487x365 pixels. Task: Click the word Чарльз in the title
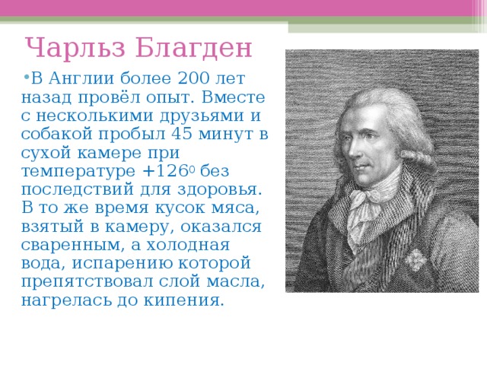[x=75, y=48]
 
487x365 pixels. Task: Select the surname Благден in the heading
[x=193, y=48]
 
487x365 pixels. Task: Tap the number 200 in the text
[x=194, y=78]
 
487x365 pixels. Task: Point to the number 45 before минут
[x=182, y=134]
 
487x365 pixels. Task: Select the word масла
[x=235, y=282]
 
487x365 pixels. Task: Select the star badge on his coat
[x=415, y=259]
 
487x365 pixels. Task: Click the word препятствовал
[x=88, y=282]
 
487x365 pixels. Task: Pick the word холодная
[x=188, y=245]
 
